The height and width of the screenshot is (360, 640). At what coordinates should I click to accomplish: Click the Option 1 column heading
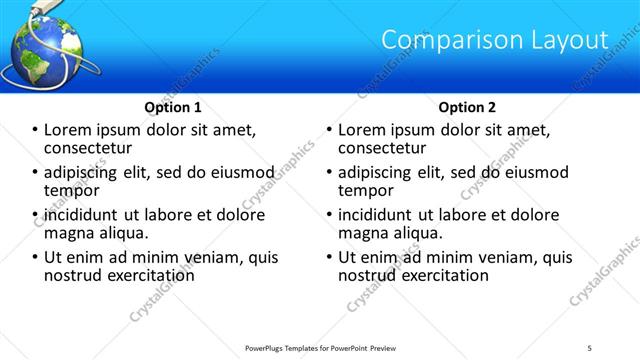[173, 107]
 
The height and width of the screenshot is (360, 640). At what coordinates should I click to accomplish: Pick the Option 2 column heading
[467, 107]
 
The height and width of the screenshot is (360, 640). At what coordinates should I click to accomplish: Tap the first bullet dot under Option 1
[36, 130]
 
